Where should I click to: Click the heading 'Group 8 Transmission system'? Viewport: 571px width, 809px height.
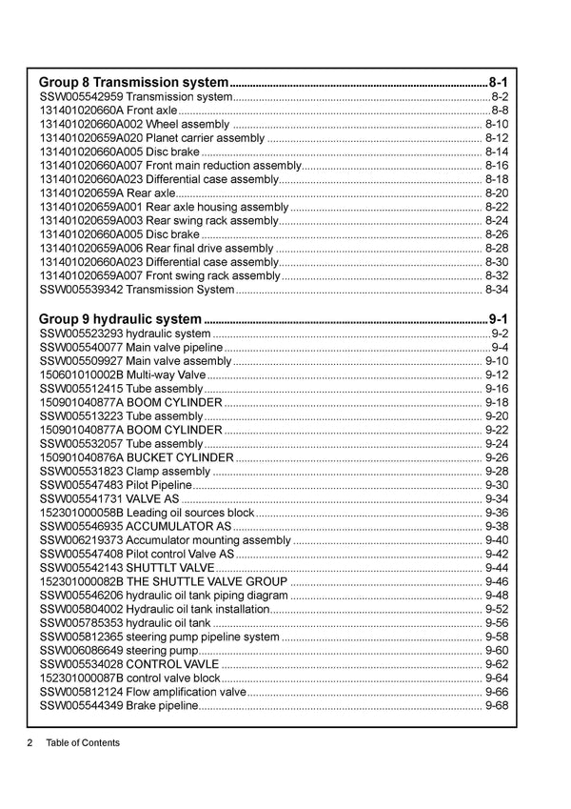[133, 82]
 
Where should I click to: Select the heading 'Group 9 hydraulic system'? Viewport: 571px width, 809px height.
[120, 319]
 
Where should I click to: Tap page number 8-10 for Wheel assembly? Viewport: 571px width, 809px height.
[497, 125]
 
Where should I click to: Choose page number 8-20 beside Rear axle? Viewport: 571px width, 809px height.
[497, 193]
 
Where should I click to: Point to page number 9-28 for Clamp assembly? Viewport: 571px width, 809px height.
[497, 472]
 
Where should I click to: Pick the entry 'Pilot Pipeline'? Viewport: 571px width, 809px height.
[160, 485]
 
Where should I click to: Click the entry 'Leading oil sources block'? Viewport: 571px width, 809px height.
[190, 513]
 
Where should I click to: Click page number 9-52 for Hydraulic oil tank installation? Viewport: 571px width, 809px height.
[497, 609]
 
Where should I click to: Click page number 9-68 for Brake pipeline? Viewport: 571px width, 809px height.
[497, 705]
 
